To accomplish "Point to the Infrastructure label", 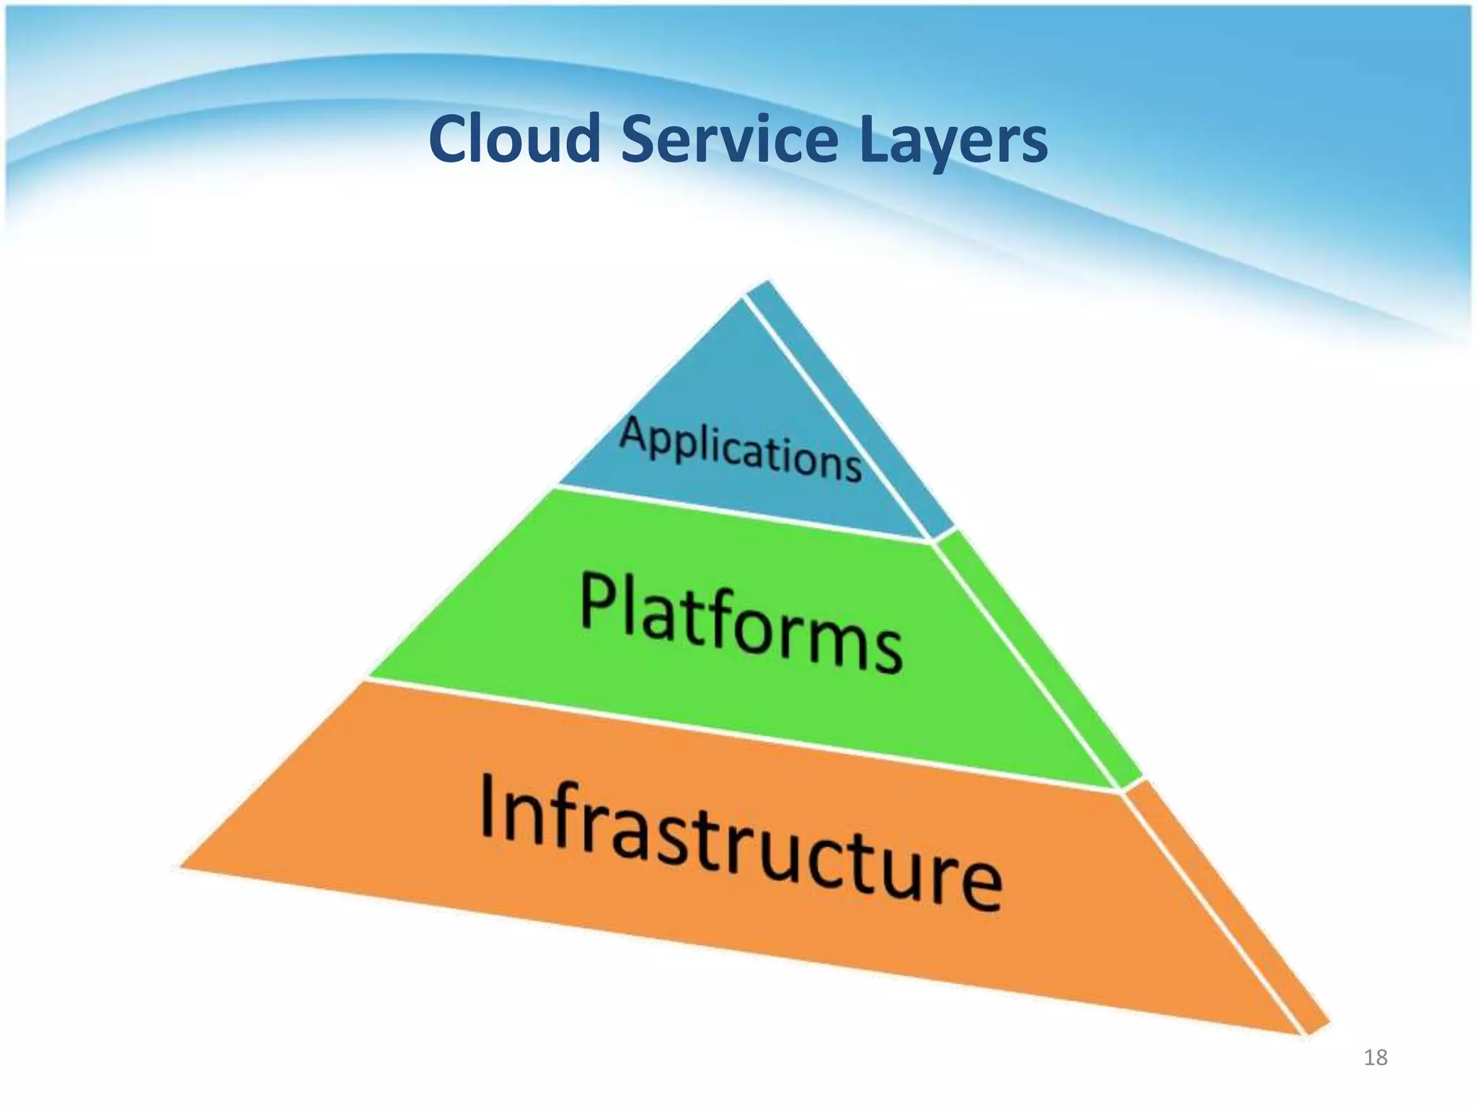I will coord(740,840).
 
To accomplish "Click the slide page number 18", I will coord(1375,1058).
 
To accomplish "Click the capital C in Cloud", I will coord(448,139).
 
